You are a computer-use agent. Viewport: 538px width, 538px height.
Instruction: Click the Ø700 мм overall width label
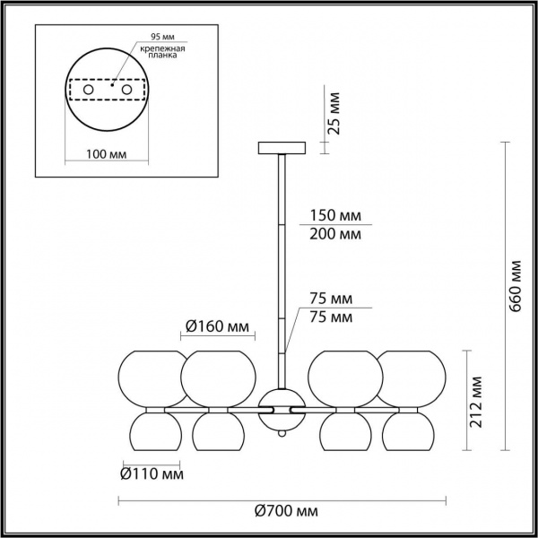coord(286,511)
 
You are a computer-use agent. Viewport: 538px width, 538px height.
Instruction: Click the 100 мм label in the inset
coord(106,155)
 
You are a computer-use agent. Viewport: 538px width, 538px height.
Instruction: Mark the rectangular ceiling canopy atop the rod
coord(282,148)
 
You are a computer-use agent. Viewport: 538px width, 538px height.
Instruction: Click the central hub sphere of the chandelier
coord(282,408)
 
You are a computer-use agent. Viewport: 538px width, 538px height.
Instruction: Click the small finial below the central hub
coord(282,435)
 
